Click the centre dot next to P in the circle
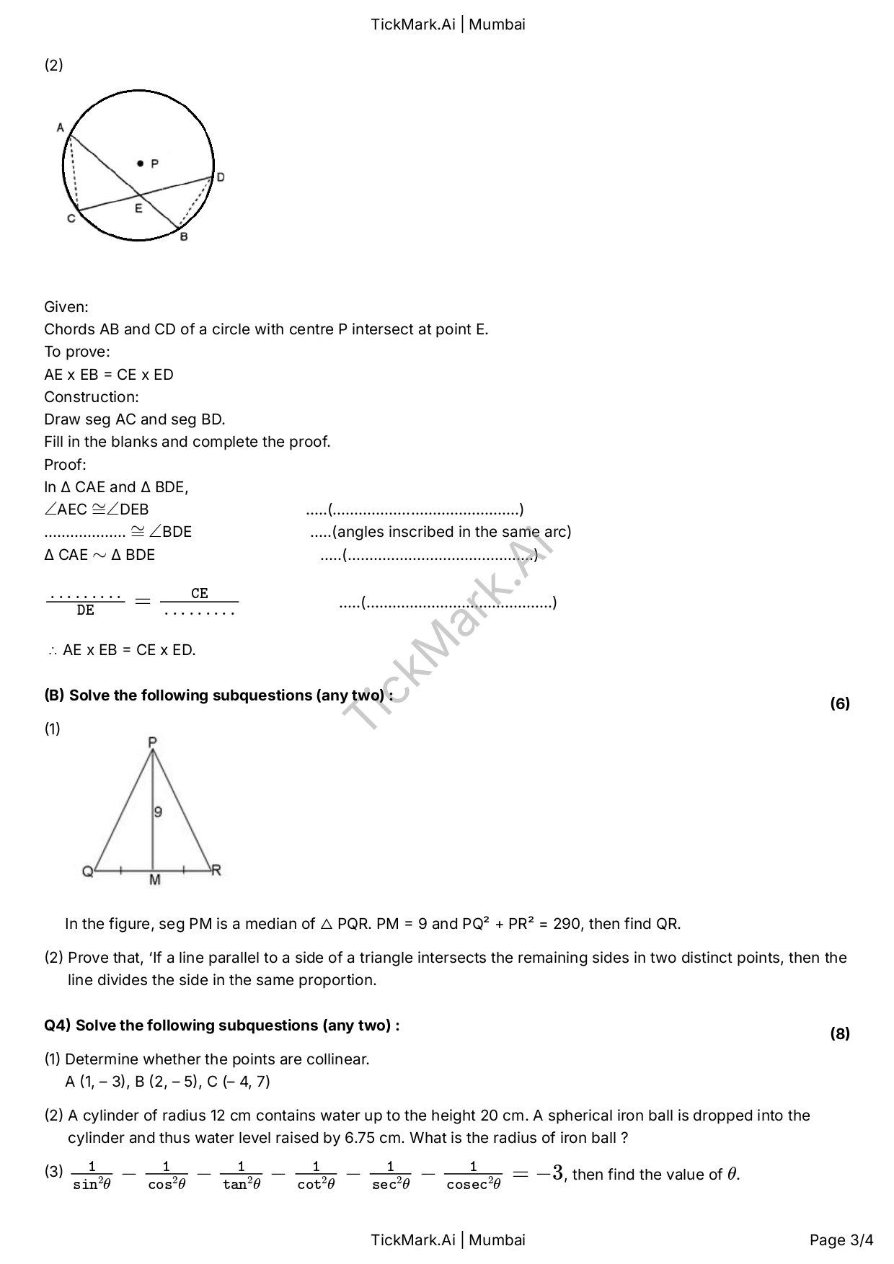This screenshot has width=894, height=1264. (141, 164)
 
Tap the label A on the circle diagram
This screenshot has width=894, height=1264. (61, 128)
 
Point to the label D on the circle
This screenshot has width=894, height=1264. (221, 177)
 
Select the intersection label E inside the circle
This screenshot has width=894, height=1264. (138, 209)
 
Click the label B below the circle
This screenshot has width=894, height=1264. (184, 236)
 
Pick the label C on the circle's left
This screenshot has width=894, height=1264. (71, 218)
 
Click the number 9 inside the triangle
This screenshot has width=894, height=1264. (158, 812)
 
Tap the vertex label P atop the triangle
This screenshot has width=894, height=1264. (153, 742)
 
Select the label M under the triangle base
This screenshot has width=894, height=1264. (155, 880)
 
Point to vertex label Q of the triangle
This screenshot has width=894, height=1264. (87, 872)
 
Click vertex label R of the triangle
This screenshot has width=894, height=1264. (216, 871)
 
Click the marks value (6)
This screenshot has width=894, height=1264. (840, 703)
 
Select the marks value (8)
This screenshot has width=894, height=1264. (840, 1033)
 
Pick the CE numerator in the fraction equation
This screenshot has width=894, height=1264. (200, 593)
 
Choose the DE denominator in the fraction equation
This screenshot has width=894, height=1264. (85, 610)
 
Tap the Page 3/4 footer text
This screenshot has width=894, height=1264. (841, 1240)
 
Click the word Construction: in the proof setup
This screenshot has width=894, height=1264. (92, 397)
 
